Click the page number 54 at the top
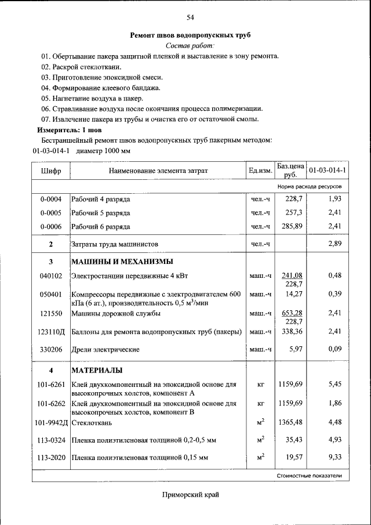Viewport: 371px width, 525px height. coord(190,17)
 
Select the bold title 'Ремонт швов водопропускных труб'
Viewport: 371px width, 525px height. coord(190,35)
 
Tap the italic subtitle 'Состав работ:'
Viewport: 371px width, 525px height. coord(190,45)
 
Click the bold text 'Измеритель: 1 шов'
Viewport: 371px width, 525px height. coord(61,130)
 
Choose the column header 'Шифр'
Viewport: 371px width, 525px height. coord(51,171)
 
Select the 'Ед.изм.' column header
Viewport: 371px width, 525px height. coord(260,171)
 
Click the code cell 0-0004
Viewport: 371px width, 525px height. coord(51,200)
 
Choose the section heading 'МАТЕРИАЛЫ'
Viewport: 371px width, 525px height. coord(96,370)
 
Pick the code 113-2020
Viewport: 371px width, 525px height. coord(51,458)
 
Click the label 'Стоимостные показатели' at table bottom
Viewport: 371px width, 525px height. coord(310,476)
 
